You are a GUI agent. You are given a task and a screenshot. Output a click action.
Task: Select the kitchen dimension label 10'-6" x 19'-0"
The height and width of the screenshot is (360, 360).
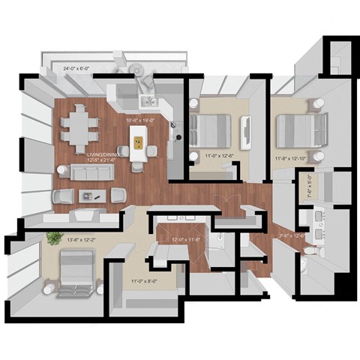click(x=140, y=119)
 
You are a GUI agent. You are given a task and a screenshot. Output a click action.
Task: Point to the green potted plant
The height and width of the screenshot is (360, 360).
click(x=54, y=238)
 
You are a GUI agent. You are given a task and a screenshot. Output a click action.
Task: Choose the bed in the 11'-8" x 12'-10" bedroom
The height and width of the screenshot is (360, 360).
click(x=299, y=128)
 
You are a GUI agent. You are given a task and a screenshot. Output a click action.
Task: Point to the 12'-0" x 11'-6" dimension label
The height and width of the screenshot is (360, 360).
click(x=175, y=240)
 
